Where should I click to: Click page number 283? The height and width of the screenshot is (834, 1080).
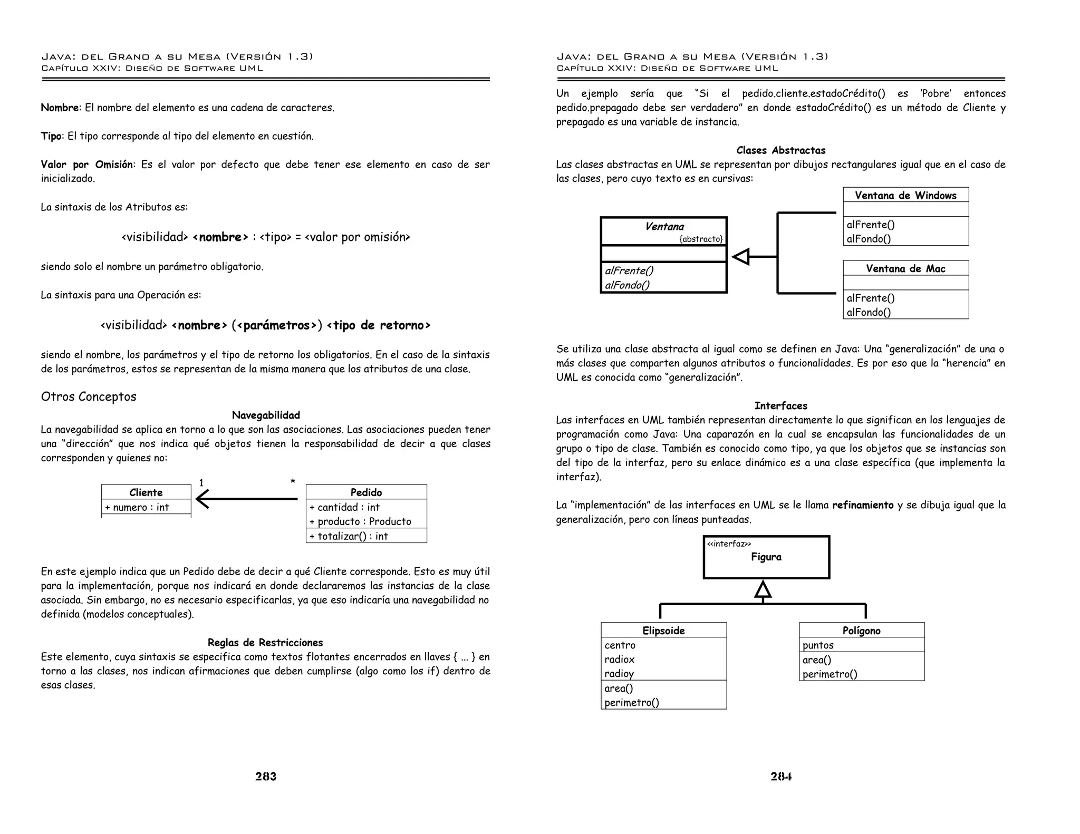[x=266, y=776]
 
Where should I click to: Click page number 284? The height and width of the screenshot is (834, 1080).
[x=781, y=776]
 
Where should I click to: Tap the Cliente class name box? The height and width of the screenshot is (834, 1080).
[x=146, y=492]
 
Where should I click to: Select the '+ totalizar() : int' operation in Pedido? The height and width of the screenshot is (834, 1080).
[x=349, y=536]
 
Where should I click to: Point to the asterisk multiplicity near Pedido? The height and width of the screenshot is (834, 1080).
[x=293, y=482]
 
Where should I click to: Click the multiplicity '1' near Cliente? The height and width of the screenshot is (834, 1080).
[x=201, y=482]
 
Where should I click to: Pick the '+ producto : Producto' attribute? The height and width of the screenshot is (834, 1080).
[x=360, y=521]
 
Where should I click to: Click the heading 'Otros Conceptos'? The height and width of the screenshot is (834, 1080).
[x=89, y=396]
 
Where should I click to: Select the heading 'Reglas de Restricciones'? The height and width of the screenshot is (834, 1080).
[x=265, y=642]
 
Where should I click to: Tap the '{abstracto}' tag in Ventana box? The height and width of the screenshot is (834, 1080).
[x=701, y=239]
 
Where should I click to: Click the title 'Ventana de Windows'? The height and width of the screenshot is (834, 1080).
[x=905, y=195]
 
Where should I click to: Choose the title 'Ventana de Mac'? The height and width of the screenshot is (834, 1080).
[x=905, y=268]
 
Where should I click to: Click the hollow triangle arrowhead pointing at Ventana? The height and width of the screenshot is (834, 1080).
[x=741, y=257]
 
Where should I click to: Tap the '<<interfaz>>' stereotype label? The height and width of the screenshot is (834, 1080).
[x=729, y=544]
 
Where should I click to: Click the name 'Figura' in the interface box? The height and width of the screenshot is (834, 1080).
[x=766, y=557]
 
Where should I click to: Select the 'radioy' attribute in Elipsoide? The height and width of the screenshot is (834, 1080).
[x=619, y=673]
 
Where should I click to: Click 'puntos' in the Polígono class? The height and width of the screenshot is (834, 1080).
[x=818, y=645]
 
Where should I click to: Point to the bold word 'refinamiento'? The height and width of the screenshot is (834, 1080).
[x=863, y=505]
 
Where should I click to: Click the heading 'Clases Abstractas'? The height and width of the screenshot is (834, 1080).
[x=781, y=150]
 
